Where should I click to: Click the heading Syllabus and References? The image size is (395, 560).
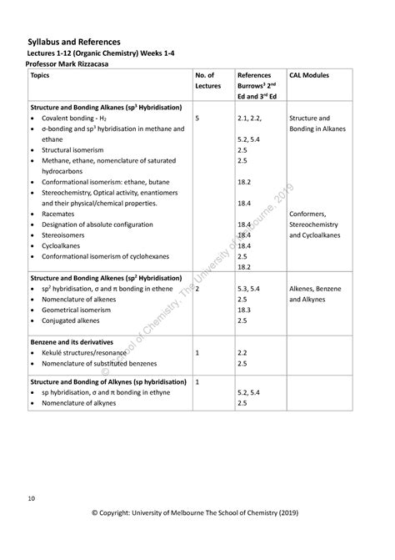73,41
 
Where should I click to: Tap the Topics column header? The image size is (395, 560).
39,75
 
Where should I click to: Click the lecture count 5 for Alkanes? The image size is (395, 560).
197,119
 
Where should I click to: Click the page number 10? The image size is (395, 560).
30,499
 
